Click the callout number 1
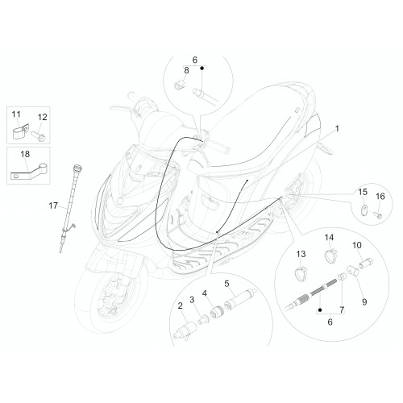(337, 129)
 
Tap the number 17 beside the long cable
(53, 206)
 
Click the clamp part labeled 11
(20, 131)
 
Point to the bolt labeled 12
(39, 136)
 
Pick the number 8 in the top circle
(186, 70)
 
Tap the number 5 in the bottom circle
(226, 284)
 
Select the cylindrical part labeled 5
(239, 300)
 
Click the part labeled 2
(185, 330)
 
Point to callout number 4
(205, 293)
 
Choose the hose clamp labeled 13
(301, 272)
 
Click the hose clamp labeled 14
(331, 255)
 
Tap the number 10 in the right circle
(357, 245)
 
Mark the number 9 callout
(364, 302)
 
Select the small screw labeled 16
(377, 215)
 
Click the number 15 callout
(363, 192)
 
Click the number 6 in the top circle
(195, 60)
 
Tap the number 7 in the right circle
(342, 310)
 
